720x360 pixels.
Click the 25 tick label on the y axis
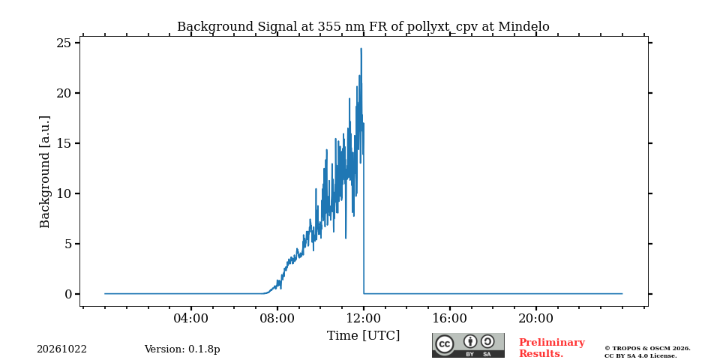pyautogui.click(x=65, y=43)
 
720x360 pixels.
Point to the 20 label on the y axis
pyautogui.click(x=65, y=93)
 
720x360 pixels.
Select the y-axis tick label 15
pyautogui.click(x=65, y=144)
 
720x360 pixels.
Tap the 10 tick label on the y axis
pyautogui.click(x=65, y=193)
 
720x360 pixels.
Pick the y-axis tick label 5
pyautogui.click(x=69, y=244)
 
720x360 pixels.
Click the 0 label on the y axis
pyautogui.click(x=69, y=294)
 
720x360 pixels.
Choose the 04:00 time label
pyautogui.click(x=191, y=319)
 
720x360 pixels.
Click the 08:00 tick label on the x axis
pyautogui.click(x=277, y=319)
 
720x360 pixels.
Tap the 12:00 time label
pyautogui.click(x=364, y=319)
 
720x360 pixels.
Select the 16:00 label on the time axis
pyautogui.click(x=449, y=319)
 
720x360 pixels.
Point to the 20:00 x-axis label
pyautogui.click(x=535, y=319)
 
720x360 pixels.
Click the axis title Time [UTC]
pyautogui.click(x=364, y=336)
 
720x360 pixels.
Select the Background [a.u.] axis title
pyautogui.click(x=44, y=172)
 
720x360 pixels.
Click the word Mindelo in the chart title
pyautogui.click(x=523, y=27)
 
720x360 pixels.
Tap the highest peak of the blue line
pyautogui.click(x=361, y=48)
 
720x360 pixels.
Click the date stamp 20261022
pyautogui.click(x=62, y=349)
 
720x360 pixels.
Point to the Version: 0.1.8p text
pyautogui.click(x=182, y=349)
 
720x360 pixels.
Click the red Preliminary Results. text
pyautogui.click(x=552, y=348)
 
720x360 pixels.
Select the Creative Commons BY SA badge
pyautogui.click(x=468, y=346)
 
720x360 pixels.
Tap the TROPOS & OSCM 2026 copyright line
pyautogui.click(x=647, y=349)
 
